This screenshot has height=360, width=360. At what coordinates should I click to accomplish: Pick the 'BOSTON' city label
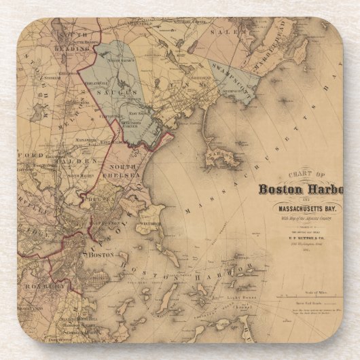99,255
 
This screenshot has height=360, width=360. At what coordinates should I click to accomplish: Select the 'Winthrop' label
151,223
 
